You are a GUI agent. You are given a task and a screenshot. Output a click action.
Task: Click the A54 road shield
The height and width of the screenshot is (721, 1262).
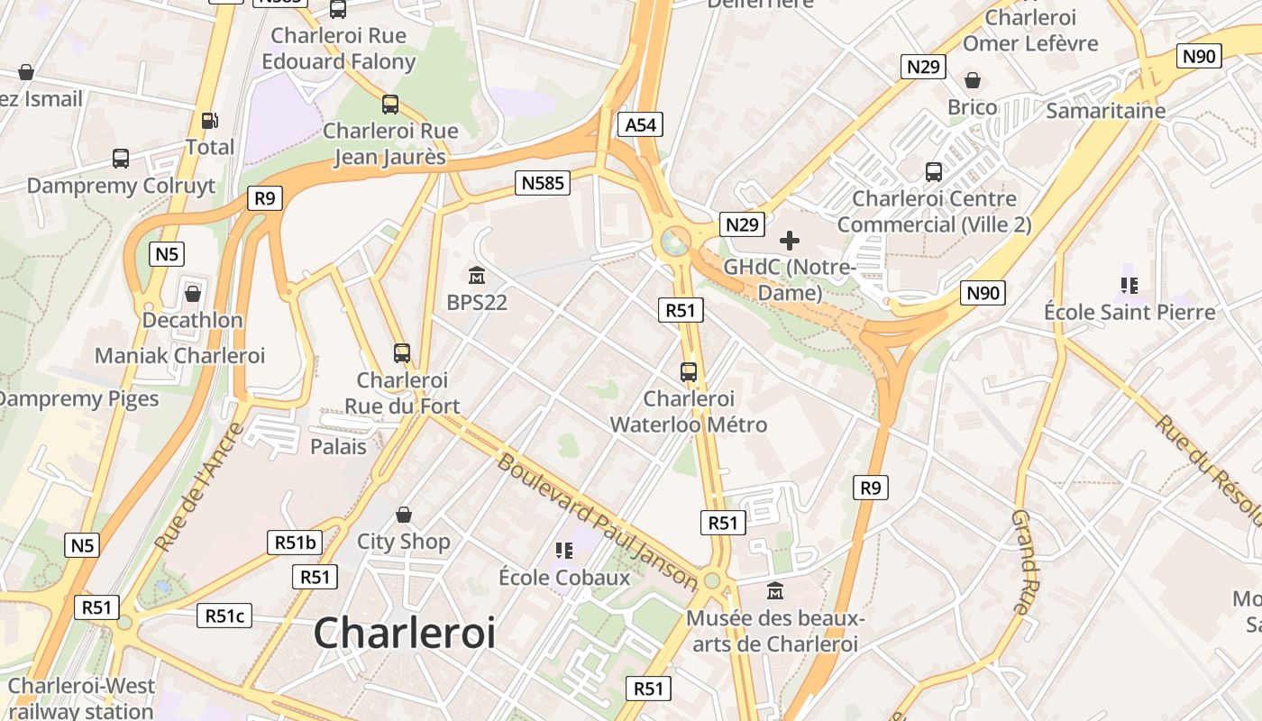point(641,124)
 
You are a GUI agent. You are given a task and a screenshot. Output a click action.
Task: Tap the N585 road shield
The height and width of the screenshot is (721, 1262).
point(543,183)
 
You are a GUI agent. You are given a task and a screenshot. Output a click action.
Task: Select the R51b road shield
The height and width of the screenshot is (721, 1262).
point(295,543)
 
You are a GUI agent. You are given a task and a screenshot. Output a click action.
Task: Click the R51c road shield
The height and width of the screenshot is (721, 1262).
point(224,616)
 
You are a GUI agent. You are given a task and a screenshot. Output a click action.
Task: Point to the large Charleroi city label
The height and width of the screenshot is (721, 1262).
point(404,633)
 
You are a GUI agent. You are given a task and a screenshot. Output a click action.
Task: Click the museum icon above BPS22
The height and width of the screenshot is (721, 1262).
point(477,274)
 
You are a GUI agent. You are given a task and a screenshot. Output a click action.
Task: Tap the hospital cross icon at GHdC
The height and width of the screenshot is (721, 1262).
point(790,241)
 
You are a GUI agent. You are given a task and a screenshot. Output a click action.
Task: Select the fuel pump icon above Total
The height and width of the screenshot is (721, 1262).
point(209,119)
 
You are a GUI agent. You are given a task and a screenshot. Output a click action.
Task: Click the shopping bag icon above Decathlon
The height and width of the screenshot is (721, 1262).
point(192,293)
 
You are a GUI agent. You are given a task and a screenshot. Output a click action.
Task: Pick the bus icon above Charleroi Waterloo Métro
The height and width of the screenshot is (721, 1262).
point(689,371)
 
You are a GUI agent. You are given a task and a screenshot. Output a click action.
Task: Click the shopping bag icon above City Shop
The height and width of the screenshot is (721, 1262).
point(404,515)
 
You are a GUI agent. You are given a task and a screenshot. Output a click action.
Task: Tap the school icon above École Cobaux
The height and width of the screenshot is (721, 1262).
point(564,550)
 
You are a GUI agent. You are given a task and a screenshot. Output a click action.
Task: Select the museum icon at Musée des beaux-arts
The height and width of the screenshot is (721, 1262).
point(774,591)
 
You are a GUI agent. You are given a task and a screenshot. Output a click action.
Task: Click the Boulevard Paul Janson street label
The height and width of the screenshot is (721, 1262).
point(597,522)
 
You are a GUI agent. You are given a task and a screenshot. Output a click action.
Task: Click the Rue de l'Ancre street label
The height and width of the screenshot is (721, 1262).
point(198,487)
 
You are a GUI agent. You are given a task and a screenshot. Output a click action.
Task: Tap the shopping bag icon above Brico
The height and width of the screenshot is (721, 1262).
point(972,80)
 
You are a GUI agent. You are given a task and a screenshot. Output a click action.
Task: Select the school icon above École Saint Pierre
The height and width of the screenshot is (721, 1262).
point(1129,285)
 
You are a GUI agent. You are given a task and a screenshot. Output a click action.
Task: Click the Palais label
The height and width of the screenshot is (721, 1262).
point(338,446)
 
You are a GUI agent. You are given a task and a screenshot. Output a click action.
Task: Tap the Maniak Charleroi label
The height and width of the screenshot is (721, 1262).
point(180,355)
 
